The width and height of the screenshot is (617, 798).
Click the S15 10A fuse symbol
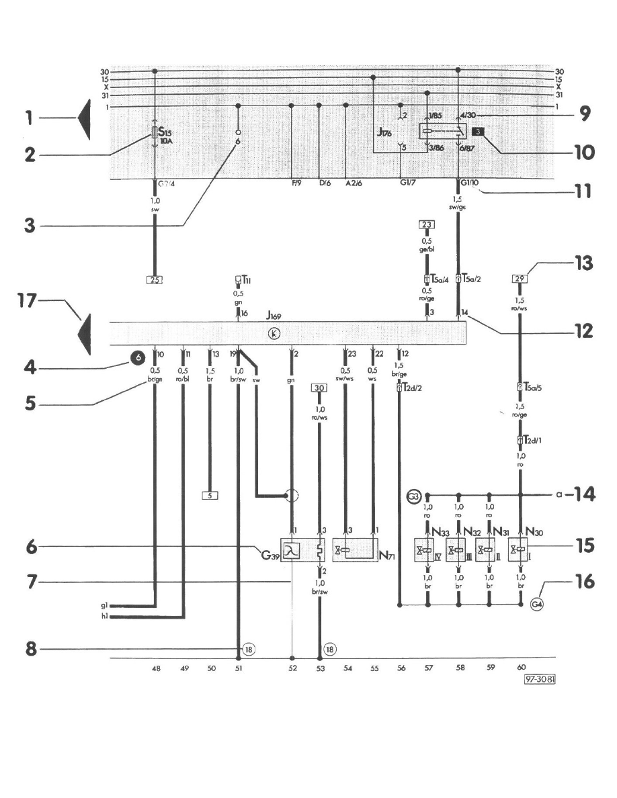[156, 132]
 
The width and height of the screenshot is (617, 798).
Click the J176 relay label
[384, 133]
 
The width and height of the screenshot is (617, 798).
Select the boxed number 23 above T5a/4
[427, 224]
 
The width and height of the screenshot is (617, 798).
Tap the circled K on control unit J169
[274, 333]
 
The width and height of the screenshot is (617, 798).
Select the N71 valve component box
[356, 551]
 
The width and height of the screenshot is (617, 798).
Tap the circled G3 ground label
[415, 497]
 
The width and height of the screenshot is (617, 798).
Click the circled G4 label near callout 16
[537, 604]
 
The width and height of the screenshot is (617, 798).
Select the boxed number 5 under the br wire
[210, 496]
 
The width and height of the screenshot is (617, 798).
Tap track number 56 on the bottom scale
[401, 668]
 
